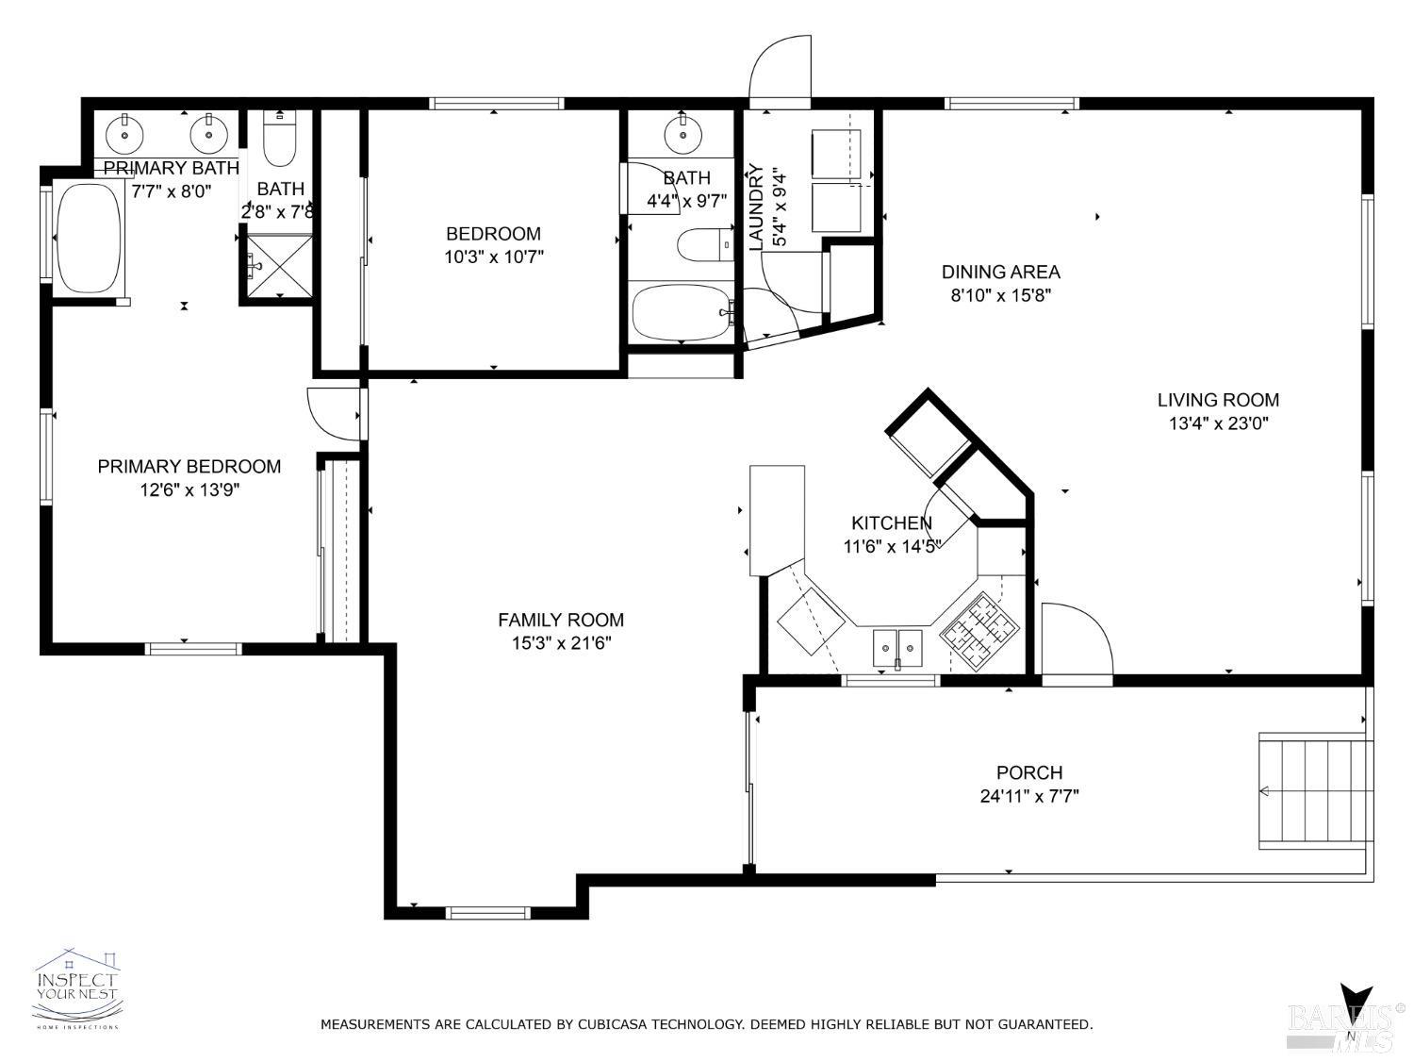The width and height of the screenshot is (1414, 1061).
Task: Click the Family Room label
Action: [x=561, y=620]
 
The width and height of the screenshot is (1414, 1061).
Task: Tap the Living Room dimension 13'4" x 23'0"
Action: [x=1218, y=423]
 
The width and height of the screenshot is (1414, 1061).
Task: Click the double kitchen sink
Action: [x=897, y=646]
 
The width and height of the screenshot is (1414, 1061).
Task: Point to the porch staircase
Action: [x=1313, y=791]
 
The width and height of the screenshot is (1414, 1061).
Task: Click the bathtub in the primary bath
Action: [x=89, y=238]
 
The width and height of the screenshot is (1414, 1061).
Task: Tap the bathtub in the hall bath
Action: [x=682, y=313]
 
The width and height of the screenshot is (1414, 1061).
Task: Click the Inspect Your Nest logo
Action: [x=77, y=987]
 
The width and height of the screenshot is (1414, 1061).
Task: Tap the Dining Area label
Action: [x=1000, y=272]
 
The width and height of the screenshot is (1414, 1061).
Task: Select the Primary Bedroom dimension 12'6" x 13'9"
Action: [x=189, y=489]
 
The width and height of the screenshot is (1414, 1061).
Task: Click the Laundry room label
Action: [x=756, y=207]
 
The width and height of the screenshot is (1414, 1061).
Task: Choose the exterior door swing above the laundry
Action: [x=781, y=68]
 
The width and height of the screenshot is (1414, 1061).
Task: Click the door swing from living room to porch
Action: [x=1076, y=640]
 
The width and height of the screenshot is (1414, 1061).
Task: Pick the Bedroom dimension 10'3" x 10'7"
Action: [x=494, y=256]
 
